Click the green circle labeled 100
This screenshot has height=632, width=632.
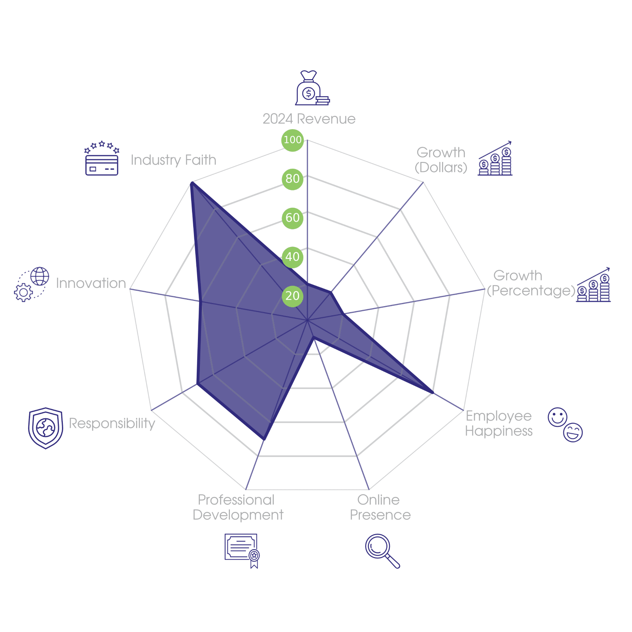[292, 140]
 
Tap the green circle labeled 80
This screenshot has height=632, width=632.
[292, 179]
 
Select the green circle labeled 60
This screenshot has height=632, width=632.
[292, 218]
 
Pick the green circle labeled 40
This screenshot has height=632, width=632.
[292, 257]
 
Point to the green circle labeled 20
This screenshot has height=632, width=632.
[292, 295]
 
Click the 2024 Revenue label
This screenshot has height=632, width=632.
[309, 119]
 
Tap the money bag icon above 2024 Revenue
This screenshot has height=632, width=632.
[312, 88]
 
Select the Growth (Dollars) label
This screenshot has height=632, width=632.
[441, 160]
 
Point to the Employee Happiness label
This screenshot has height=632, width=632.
[498, 423]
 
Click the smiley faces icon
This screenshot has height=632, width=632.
[565, 425]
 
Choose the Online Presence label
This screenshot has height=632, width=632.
[380, 507]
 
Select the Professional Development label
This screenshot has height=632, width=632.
[238, 507]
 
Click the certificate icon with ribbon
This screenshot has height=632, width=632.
[242, 550]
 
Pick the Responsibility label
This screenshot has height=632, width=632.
[112, 423]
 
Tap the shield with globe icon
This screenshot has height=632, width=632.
[45, 428]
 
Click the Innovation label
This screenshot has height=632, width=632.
[91, 283]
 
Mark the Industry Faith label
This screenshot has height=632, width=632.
[173, 160]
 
